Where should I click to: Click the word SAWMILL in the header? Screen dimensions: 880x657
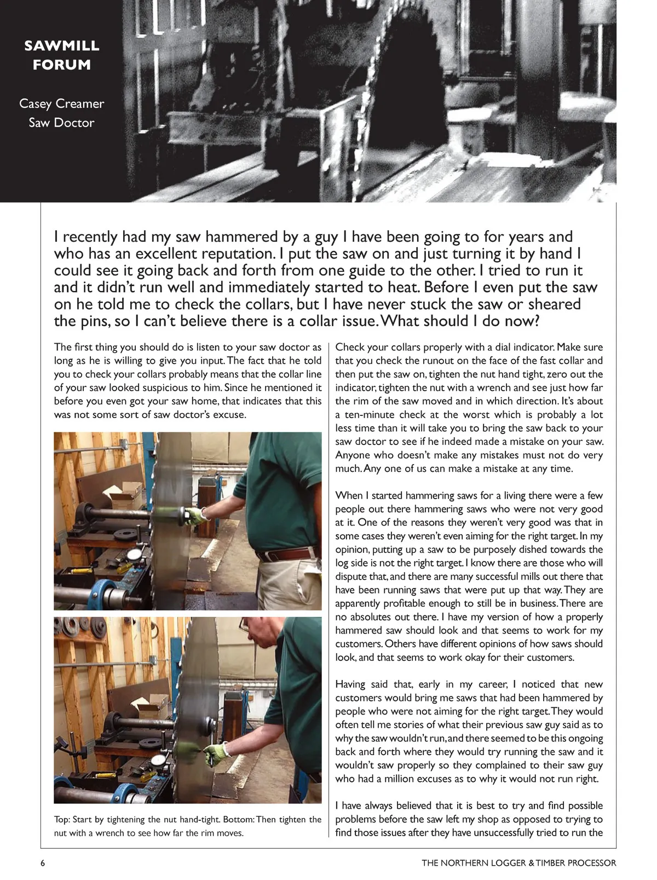click(x=61, y=45)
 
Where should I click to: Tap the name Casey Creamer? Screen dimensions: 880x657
click(x=61, y=104)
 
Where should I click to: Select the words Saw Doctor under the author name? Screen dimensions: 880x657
click(x=61, y=123)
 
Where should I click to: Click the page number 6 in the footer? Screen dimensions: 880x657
click(x=43, y=863)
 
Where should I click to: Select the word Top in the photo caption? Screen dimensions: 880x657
click(x=61, y=820)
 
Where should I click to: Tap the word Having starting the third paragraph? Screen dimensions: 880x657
click(x=353, y=684)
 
